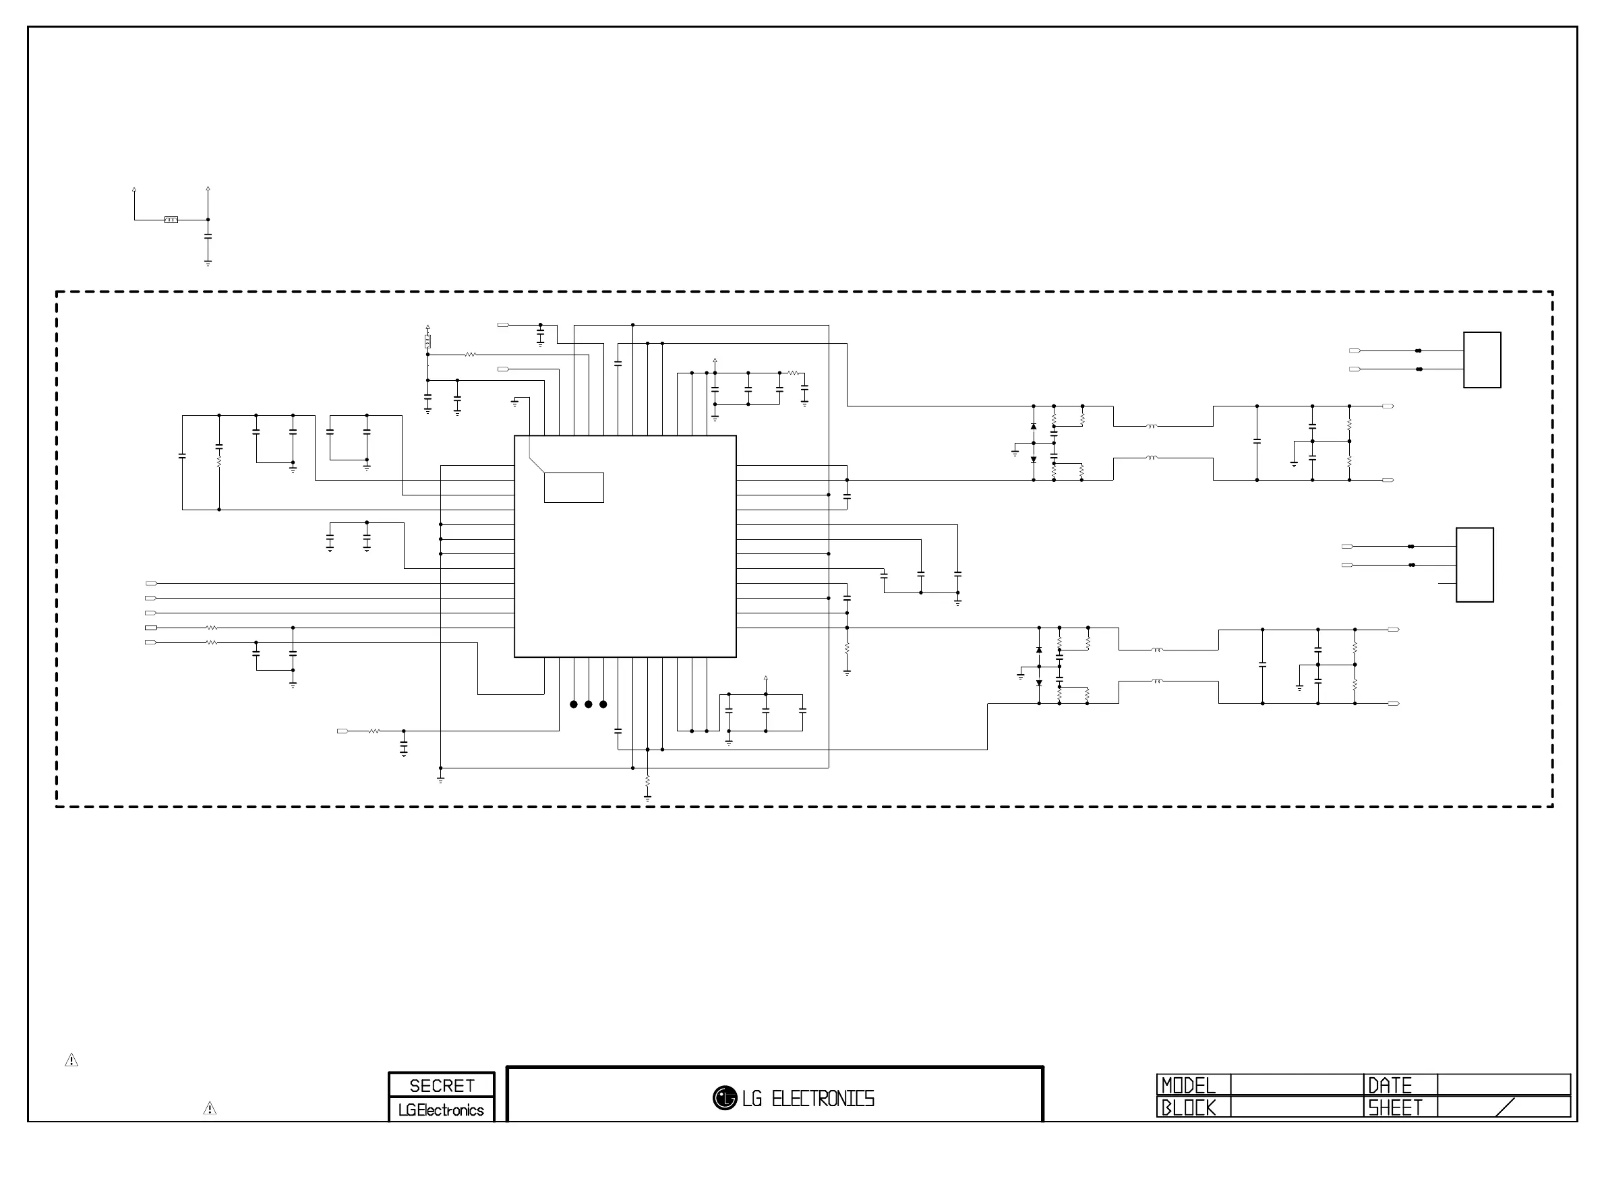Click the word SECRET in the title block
pos(441,1085)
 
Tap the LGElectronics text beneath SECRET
pos(441,1110)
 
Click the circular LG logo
pos(725,1097)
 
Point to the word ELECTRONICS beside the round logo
pos(823,1099)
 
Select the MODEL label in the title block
pos(1189,1085)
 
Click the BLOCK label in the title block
pos(1189,1107)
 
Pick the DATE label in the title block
pos(1390,1085)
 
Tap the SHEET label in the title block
pos(1394,1107)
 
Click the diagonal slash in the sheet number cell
pos(1505,1107)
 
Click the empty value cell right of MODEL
pos(1296,1085)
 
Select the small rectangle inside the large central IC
pos(574,488)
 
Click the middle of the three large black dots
pos(588,704)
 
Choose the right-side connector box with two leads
pos(1482,360)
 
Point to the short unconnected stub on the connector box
pos(1447,584)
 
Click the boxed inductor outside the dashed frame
pos(171,220)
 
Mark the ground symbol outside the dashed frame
pos(208,264)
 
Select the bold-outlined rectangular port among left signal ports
pos(151,628)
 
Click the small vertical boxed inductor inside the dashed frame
pos(427,342)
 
